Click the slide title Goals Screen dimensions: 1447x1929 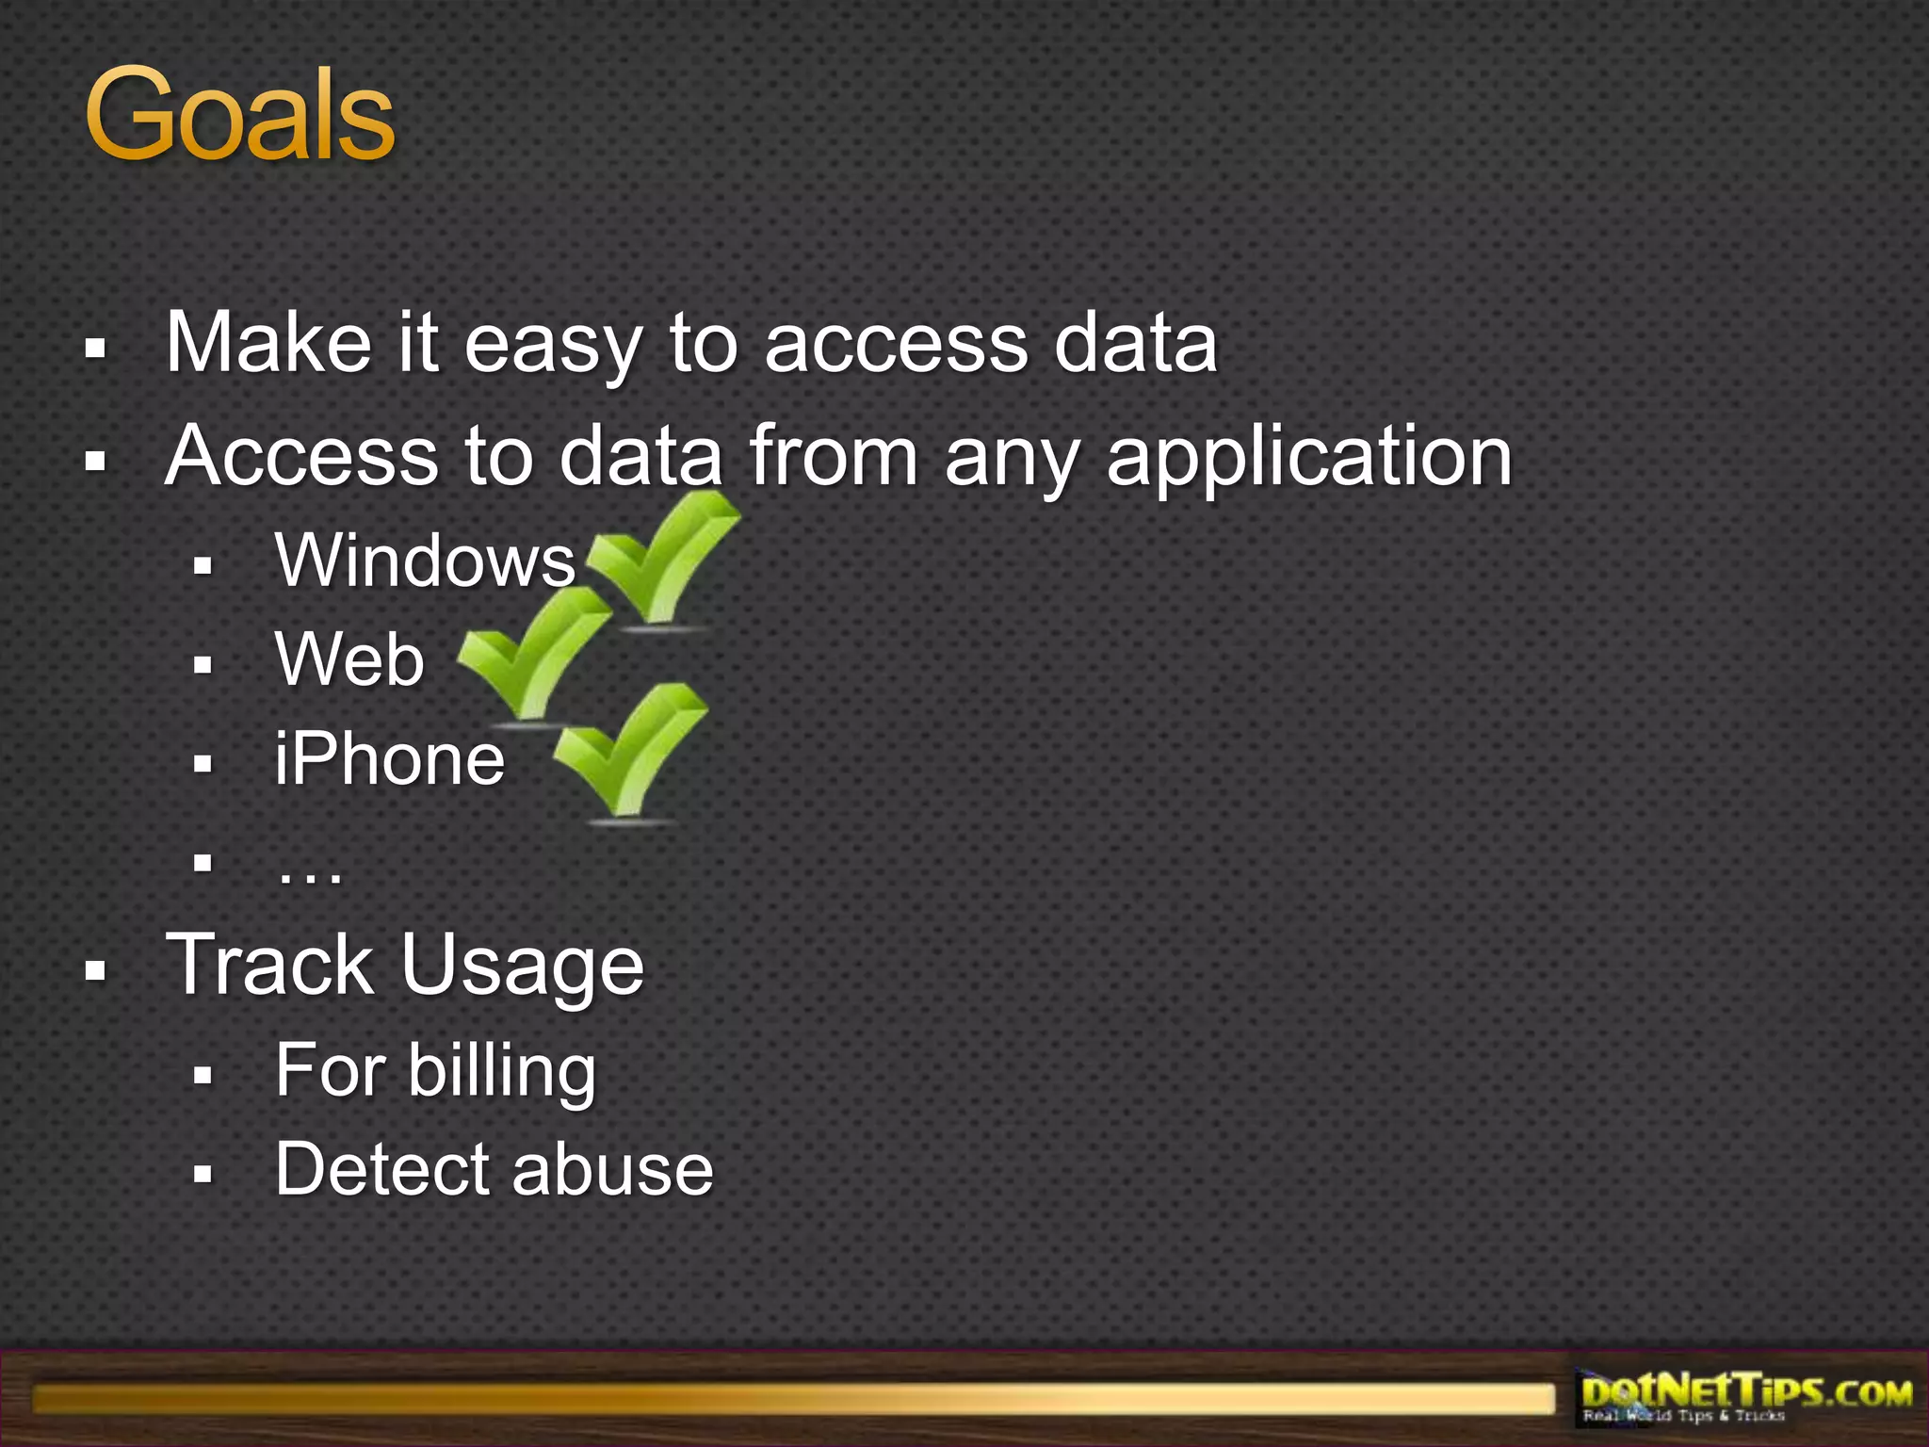click(x=239, y=115)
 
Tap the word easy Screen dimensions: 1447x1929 click(x=554, y=345)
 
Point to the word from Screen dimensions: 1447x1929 click(x=834, y=456)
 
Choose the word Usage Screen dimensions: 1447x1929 click(x=523, y=967)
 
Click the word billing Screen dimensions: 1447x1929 click(x=502, y=1072)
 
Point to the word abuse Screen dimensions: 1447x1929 click(x=613, y=1169)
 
